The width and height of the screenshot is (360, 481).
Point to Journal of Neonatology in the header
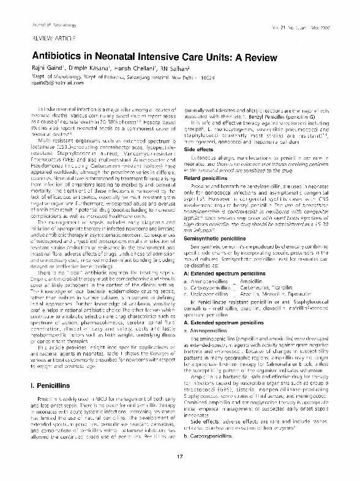[x=43, y=22]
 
